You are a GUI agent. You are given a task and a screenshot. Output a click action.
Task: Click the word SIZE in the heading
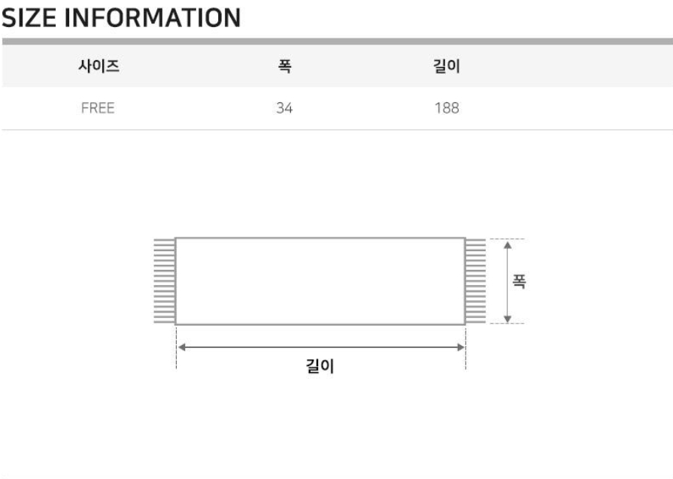29,18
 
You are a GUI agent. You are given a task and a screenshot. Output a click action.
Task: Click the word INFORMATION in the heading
153,18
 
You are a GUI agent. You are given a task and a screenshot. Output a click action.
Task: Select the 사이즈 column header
99,66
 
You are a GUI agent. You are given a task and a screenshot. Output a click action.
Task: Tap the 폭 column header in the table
284,66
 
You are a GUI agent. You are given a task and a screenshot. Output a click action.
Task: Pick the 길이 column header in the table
447,66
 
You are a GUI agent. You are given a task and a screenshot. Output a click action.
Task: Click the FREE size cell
98,108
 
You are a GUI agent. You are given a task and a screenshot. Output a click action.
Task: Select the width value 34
284,108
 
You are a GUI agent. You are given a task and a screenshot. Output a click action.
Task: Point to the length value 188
447,108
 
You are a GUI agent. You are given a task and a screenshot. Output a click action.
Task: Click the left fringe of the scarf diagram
165,281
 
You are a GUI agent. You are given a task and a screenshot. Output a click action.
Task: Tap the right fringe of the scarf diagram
475,281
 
